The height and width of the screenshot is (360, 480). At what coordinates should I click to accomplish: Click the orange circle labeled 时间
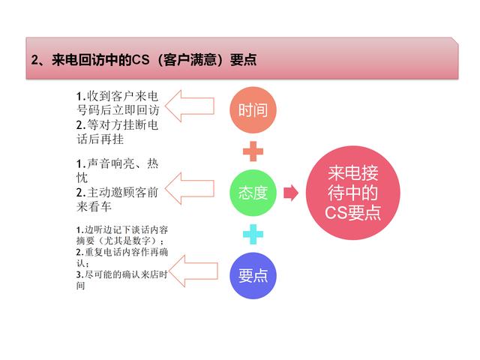point(253,110)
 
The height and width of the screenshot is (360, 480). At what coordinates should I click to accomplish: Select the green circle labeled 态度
point(253,193)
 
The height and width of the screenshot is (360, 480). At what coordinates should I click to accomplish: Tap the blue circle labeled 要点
point(253,275)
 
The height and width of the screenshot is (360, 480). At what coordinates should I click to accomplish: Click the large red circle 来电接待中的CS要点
point(353,193)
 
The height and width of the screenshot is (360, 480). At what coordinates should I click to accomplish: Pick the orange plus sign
point(253,151)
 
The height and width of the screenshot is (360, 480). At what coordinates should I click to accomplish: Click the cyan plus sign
point(253,234)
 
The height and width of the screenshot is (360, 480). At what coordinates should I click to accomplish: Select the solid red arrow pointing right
point(291,193)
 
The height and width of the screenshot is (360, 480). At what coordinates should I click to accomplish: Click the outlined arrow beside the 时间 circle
point(190,106)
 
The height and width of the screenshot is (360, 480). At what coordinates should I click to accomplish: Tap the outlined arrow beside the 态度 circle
point(190,188)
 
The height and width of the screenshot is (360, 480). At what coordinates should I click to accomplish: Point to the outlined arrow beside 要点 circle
point(193,271)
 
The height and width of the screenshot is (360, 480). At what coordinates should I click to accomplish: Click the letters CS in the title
point(140,59)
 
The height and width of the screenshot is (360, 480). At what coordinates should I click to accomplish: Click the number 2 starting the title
point(34,60)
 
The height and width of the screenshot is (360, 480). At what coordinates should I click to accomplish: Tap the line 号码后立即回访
point(118,110)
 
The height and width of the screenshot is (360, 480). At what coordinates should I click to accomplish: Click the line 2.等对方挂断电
point(117,125)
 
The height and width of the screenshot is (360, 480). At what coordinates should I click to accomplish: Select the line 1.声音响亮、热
point(117,163)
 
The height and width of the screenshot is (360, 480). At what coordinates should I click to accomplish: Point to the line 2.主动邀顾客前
point(117,193)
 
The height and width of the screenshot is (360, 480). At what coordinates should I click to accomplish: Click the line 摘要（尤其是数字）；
point(120,241)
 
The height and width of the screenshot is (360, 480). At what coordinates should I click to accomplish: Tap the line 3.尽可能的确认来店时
point(122,274)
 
